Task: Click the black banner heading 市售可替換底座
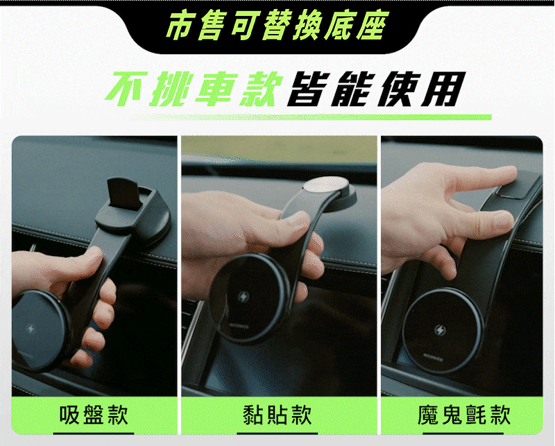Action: (x=277, y=25)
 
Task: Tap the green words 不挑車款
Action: (x=194, y=89)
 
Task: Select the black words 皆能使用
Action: (x=375, y=89)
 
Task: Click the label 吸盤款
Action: (x=94, y=415)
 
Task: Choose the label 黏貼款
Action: (x=277, y=415)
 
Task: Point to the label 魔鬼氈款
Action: (x=464, y=415)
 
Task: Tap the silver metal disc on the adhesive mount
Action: (x=326, y=185)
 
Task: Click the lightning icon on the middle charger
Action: (x=244, y=297)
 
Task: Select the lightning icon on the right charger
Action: (x=440, y=330)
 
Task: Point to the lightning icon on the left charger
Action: (x=31, y=329)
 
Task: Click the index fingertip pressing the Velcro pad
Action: (x=508, y=173)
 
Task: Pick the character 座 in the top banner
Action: (x=373, y=25)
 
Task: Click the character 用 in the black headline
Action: (x=443, y=89)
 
